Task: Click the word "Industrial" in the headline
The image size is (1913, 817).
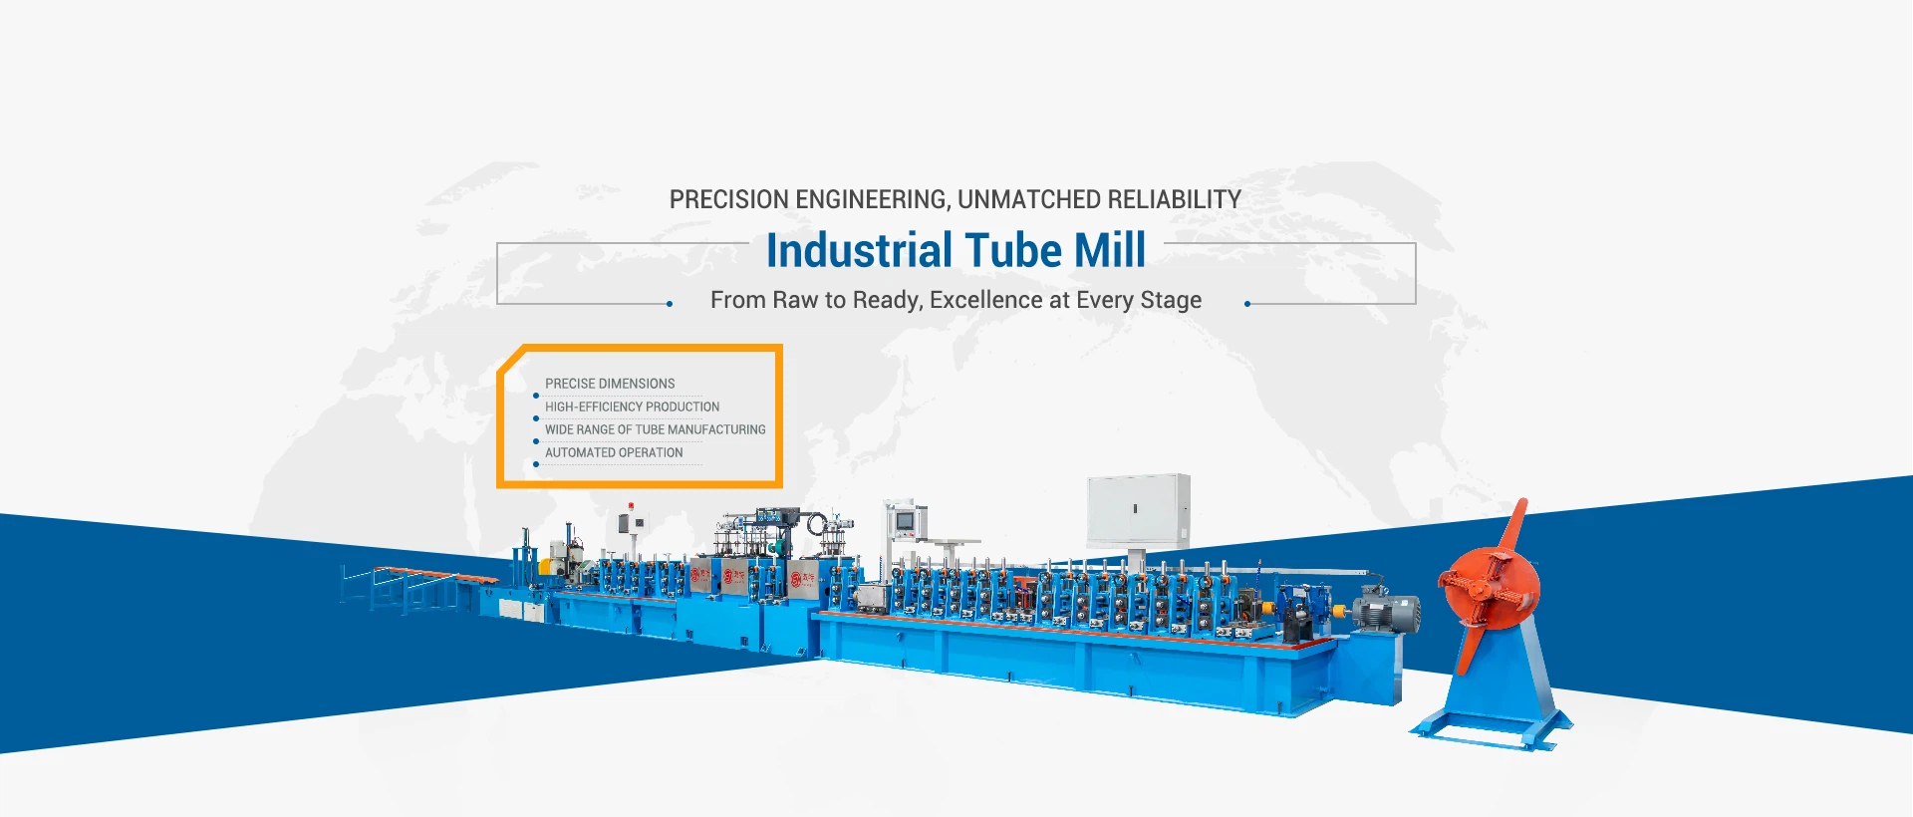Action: coord(860,250)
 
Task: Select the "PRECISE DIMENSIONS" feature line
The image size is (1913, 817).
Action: coord(610,384)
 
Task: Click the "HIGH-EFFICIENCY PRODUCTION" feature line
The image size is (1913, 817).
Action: coord(632,407)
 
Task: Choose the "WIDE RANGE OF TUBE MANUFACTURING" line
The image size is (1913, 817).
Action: coord(656,429)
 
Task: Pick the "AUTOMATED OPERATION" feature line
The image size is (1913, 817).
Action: coord(614,452)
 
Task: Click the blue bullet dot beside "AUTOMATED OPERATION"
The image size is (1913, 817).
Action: coord(536,464)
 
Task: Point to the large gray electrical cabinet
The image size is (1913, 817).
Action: coord(1138,509)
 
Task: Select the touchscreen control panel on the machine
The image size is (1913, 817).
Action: coord(905,521)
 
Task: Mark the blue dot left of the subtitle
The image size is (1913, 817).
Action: coord(670,304)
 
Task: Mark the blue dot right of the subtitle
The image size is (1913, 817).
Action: coord(1247,304)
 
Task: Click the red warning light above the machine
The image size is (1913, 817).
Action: coord(630,507)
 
